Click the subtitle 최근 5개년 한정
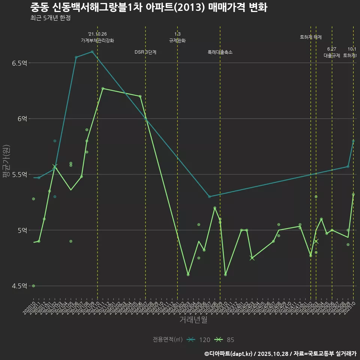click(50, 18)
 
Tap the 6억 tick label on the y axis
click(22, 118)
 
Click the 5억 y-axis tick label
click(22, 230)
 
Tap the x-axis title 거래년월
click(193, 320)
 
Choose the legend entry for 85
click(225, 340)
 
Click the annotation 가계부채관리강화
click(97, 40)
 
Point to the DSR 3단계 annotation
click(145, 52)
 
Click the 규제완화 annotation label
click(177, 40)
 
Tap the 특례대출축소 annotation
click(220, 52)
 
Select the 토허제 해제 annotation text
click(311, 37)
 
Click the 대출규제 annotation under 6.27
click(332, 55)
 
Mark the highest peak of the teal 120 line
click(92, 52)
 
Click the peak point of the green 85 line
click(103, 88)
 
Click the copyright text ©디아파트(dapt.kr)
click(228, 354)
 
